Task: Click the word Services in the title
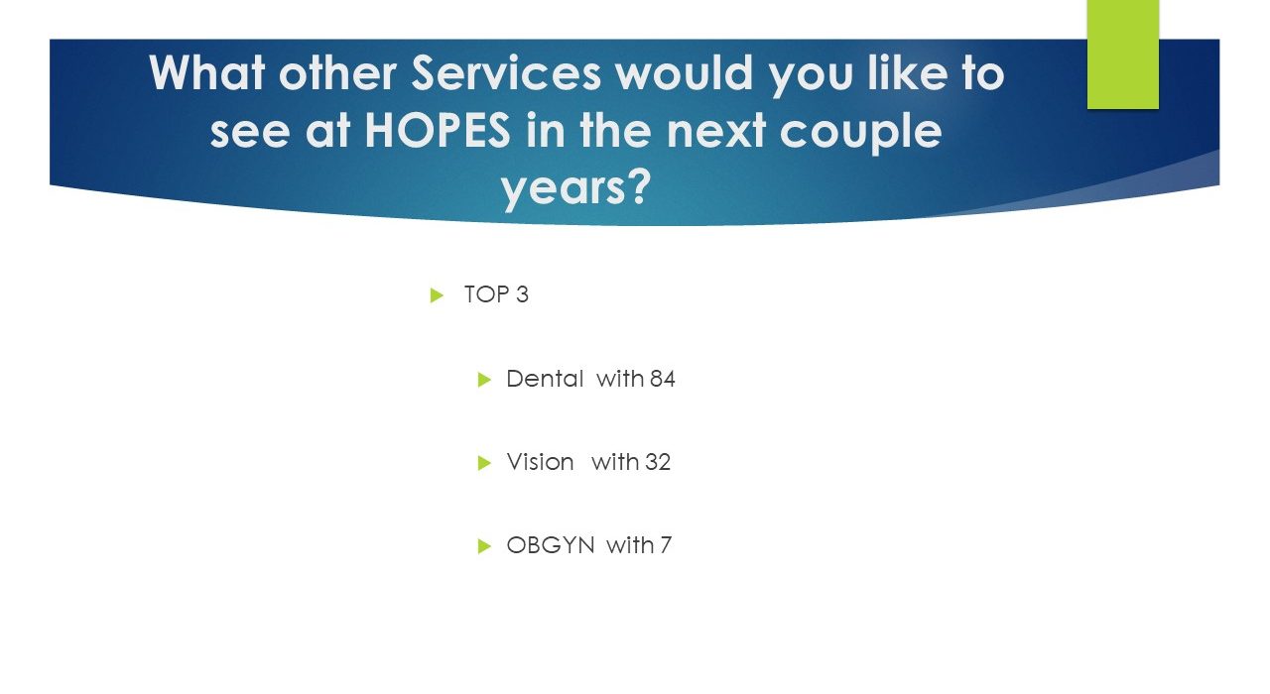click(x=506, y=73)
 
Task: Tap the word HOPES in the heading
click(x=438, y=130)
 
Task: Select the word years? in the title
click(x=575, y=189)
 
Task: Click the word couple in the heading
click(x=860, y=133)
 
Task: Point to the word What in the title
click(x=207, y=72)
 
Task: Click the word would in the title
click(x=685, y=72)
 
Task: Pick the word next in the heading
click(x=715, y=130)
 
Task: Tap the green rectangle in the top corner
click(x=1122, y=55)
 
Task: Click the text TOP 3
click(x=496, y=294)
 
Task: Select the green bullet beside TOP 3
click(x=437, y=295)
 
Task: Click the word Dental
click(x=545, y=379)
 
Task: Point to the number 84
click(x=662, y=379)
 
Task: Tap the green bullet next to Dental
click(x=484, y=380)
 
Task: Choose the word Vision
click(x=540, y=462)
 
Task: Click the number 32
click(x=658, y=462)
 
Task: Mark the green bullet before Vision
click(x=484, y=463)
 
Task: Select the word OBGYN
click(x=551, y=545)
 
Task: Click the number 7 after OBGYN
click(x=666, y=545)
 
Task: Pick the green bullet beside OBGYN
click(x=484, y=546)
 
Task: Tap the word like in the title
click(x=908, y=72)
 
